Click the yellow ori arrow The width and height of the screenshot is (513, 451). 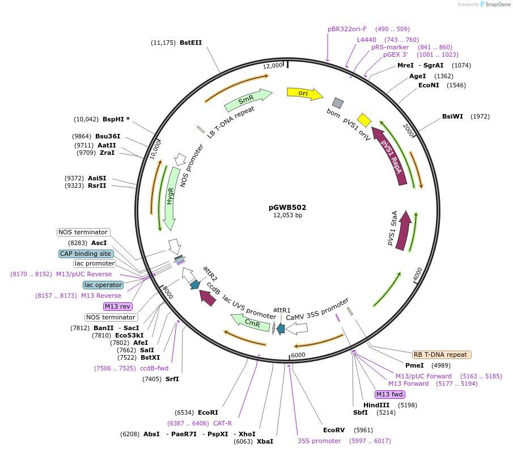(x=304, y=93)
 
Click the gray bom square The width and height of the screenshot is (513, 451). (x=338, y=103)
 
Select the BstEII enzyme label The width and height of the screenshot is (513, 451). (x=190, y=43)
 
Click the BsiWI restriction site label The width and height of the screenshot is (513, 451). (x=452, y=116)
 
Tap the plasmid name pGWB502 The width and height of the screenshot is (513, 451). (x=287, y=207)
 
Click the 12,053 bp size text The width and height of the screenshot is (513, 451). (x=287, y=216)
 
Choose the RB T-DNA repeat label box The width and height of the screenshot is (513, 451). (x=441, y=355)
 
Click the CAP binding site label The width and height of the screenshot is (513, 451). (x=86, y=254)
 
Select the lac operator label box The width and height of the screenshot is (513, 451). (x=103, y=285)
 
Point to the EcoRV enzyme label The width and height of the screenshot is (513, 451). (x=333, y=430)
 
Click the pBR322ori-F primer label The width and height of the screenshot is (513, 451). (x=347, y=29)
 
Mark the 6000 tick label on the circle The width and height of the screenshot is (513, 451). (x=298, y=355)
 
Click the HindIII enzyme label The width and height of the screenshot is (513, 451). (x=376, y=405)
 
